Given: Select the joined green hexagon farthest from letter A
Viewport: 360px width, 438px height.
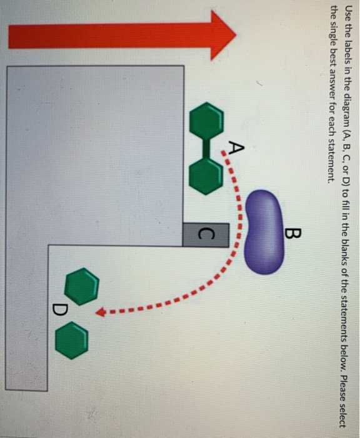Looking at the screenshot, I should point(206,120).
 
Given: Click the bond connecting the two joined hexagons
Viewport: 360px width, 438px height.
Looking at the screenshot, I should point(206,146).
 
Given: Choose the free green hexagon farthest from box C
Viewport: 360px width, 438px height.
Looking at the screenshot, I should point(71,340).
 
